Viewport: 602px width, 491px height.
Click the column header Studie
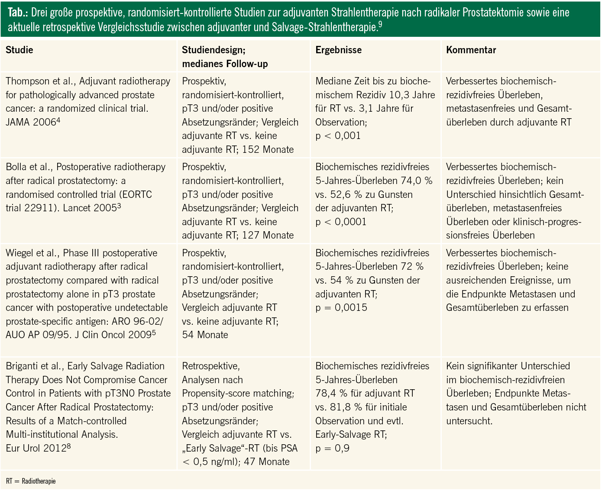19,50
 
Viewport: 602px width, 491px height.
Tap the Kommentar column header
471,50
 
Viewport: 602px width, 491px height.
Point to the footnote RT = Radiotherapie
31,481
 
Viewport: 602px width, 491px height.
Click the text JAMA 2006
30,123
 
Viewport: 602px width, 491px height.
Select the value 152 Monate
268,150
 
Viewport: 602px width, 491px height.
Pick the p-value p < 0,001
338,136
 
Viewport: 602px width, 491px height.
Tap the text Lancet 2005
89,208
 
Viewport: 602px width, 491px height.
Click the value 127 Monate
268,236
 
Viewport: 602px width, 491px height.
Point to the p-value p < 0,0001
341,222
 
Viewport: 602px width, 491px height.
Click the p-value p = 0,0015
341,308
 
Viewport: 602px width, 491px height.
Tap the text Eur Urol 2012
35,448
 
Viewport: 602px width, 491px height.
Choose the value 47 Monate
267,462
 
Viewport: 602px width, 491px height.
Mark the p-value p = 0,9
332,449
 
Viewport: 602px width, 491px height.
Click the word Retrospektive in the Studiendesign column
210,366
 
